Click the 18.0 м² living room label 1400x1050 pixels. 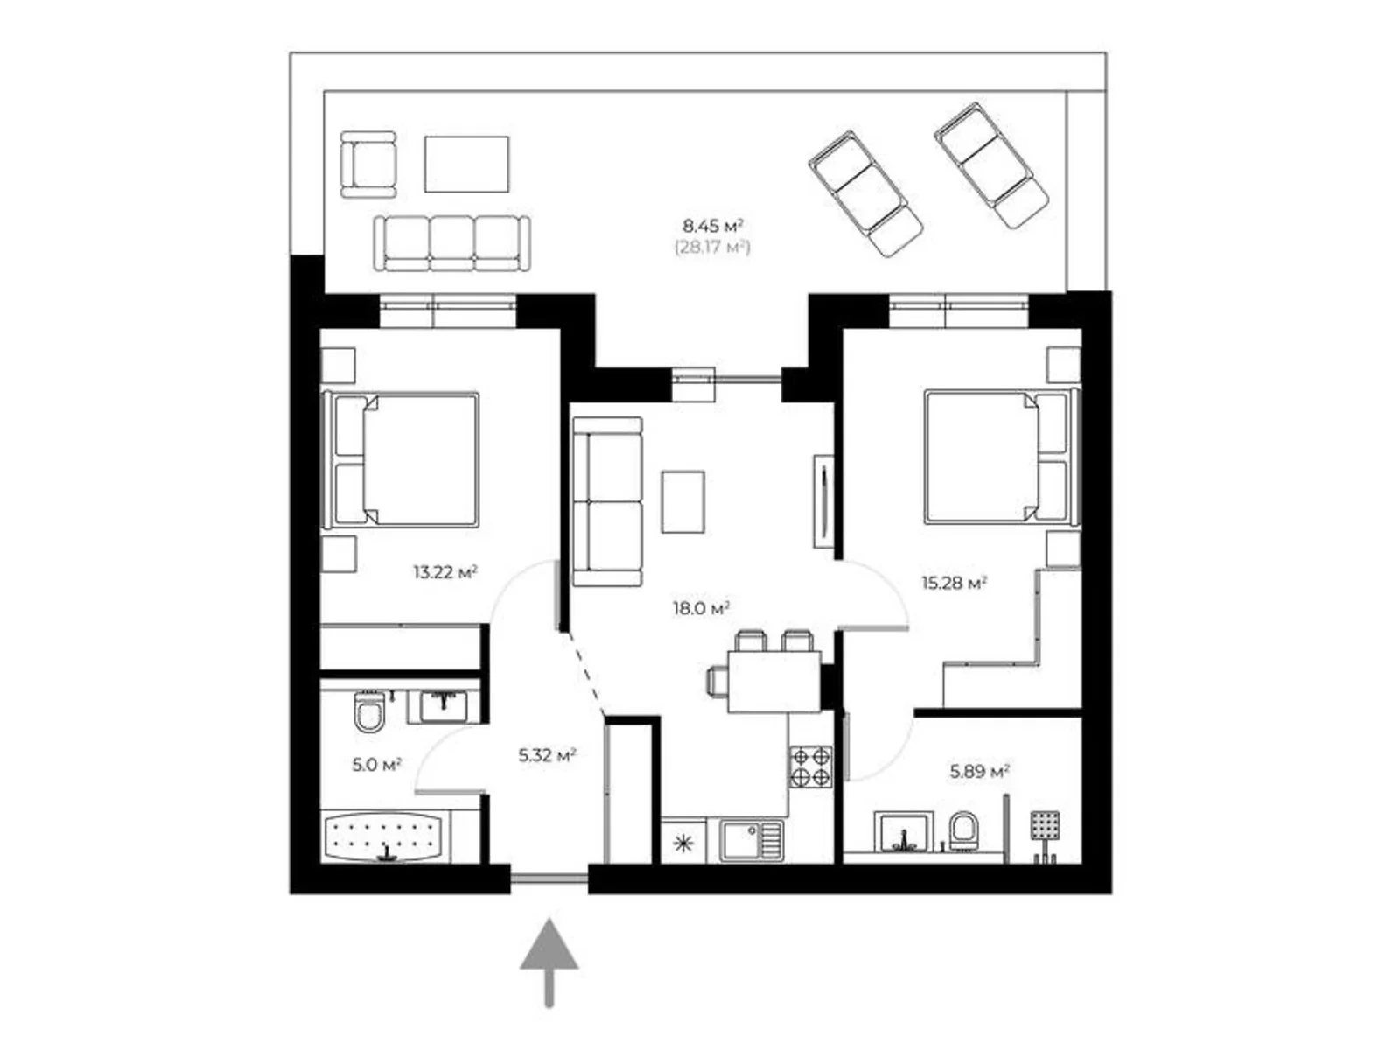700,608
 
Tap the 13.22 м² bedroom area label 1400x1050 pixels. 445,572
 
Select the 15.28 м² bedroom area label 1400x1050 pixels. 954,582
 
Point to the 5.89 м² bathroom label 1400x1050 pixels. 980,772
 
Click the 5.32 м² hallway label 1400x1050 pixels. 547,755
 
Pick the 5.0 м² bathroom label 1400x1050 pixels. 376,764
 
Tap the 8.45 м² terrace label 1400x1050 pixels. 713,226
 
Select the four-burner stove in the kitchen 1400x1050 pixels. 810,766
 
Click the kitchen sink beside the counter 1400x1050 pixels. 752,840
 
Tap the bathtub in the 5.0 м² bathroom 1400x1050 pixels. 385,836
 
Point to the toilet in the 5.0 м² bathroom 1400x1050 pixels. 369,711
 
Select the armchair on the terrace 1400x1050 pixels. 368,164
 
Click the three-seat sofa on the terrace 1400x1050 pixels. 451,243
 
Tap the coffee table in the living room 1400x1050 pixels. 682,501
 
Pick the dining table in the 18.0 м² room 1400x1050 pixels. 773,682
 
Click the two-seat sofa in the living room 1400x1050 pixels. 607,501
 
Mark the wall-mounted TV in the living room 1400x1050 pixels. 822,501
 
